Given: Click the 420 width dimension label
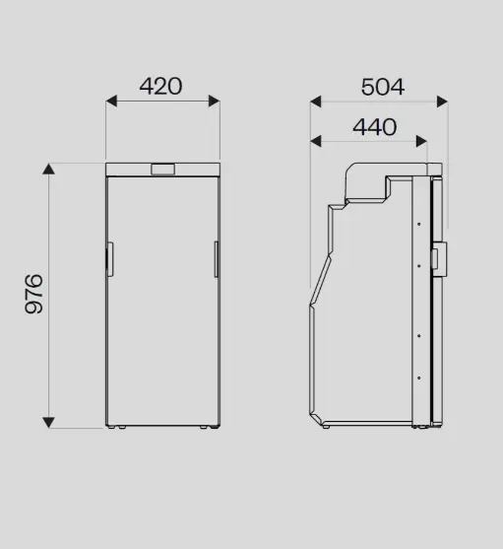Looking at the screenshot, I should click(160, 86).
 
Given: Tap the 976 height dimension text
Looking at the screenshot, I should click(33, 294).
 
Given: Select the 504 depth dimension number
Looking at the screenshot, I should click(382, 87).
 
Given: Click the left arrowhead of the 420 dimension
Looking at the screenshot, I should click(111, 101).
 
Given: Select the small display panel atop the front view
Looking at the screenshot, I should click(161, 170).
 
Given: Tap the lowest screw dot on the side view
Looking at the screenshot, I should click(419, 376).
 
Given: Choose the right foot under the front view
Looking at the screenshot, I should click(207, 428).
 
